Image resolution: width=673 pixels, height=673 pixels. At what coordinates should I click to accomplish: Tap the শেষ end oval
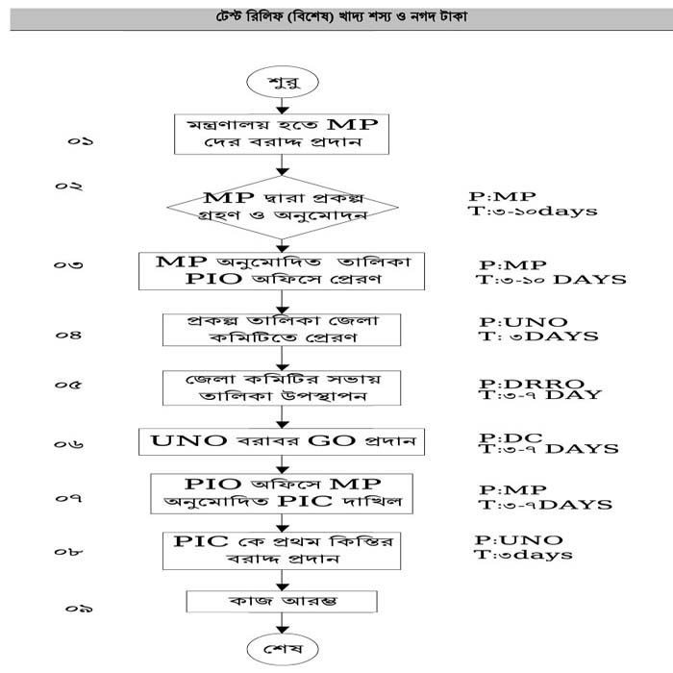click(282, 649)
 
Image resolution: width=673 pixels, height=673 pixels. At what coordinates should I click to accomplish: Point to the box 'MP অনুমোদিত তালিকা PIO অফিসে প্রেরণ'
click(282, 270)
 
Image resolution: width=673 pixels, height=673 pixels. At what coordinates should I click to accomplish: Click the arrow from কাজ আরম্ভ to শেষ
click(282, 621)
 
